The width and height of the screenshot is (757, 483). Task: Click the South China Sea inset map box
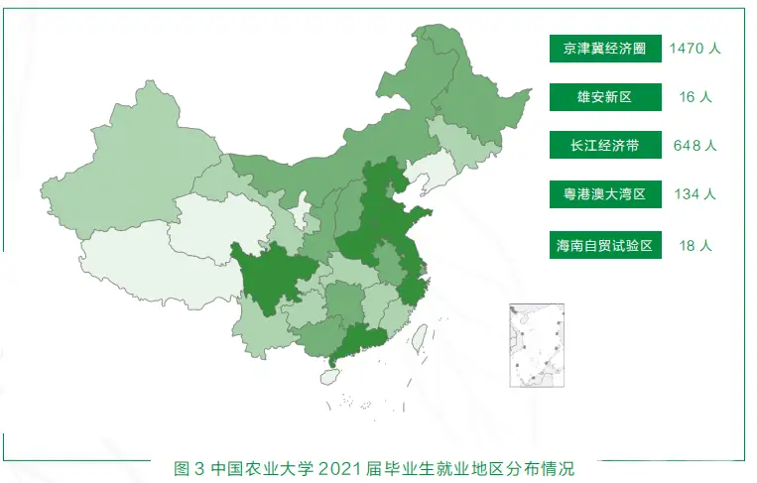536,345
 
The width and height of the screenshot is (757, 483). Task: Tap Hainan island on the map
329,377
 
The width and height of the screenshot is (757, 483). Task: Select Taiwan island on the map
420,340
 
